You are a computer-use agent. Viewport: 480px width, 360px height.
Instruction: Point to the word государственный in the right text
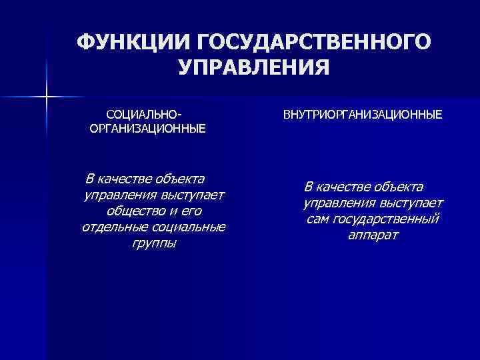(x=387, y=219)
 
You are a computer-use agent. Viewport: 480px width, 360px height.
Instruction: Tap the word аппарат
(x=372, y=235)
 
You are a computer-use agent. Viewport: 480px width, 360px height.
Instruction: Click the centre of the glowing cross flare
(x=46, y=98)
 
